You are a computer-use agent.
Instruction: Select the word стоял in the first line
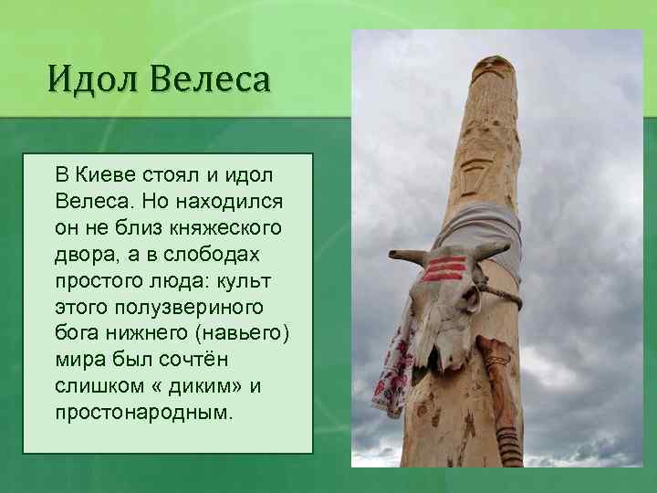click(x=166, y=173)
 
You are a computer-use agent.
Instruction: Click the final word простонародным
click(x=142, y=412)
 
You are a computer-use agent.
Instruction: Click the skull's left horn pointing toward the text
click(x=406, y=257)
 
